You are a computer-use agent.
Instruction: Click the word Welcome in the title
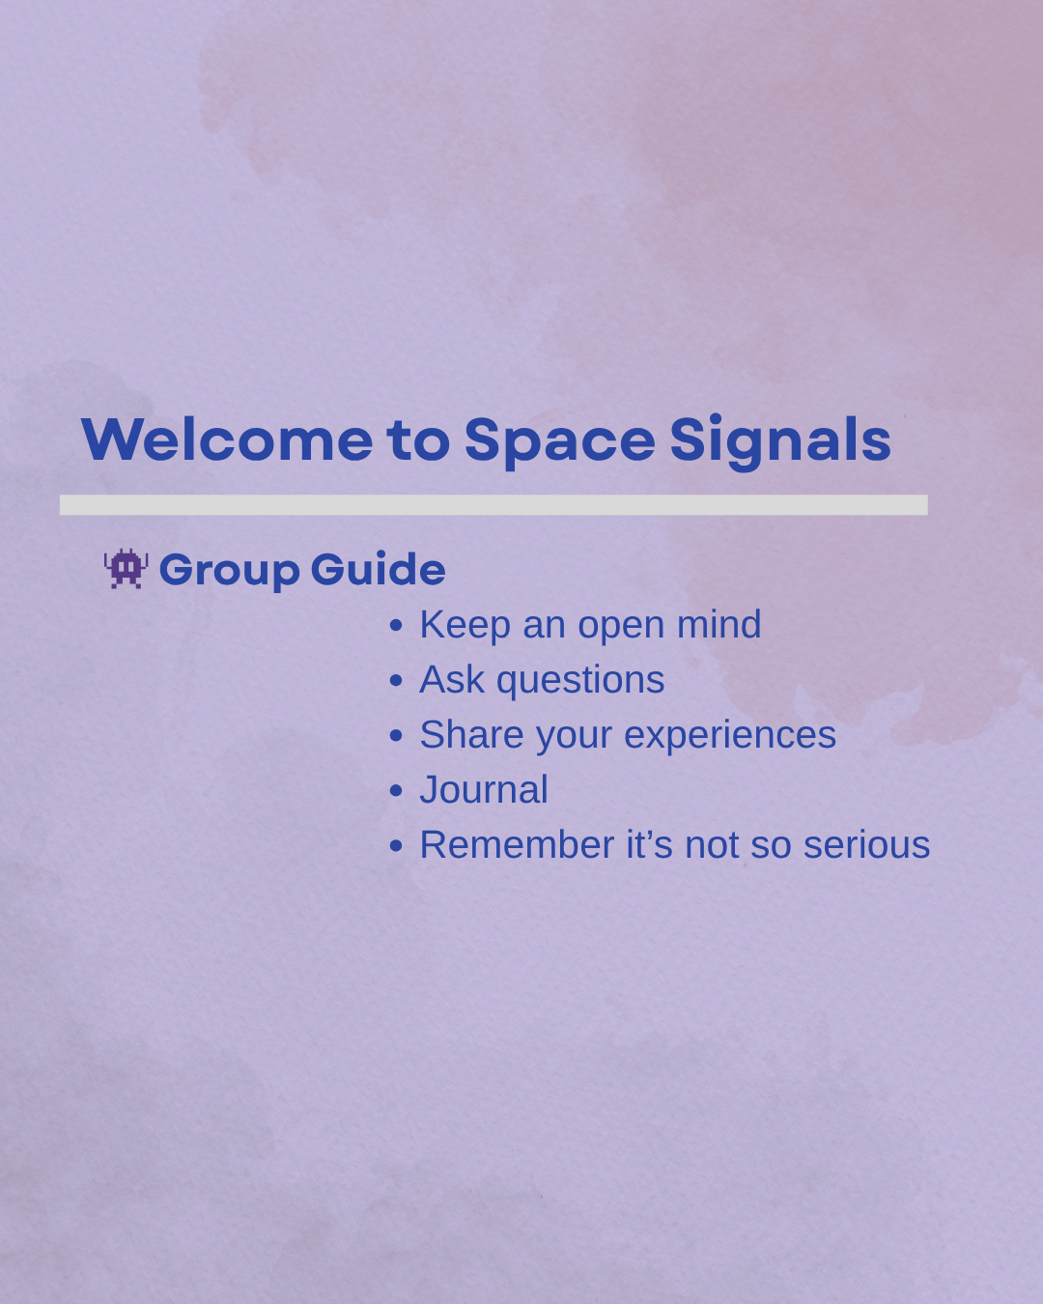[x=227, y=439]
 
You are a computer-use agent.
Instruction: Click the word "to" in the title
[x=418, y=441]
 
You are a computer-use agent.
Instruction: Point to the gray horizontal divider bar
[x=493, y=505]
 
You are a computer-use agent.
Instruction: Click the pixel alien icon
[x=127, y=568]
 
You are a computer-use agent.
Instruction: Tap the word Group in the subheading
[x=229, y=571]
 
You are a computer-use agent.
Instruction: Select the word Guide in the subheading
[x=379, y=568]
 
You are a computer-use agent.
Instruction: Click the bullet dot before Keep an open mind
[x=396, y=625]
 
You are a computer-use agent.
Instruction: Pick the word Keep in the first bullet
[x=465, y=625]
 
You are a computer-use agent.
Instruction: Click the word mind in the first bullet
[x=719, y=624]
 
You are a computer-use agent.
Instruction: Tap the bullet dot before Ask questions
[x=396, y=680]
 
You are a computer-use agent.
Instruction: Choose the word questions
[x=580, y=681]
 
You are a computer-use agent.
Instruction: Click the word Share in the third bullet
[x=471, y=734]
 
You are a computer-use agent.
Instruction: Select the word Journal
[x=484, y=789]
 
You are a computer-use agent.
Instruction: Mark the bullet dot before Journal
[x=396, y=791]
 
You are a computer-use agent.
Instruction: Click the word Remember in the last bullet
[x=517, y=844]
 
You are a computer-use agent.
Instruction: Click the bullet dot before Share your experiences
[x=396, y=736]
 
